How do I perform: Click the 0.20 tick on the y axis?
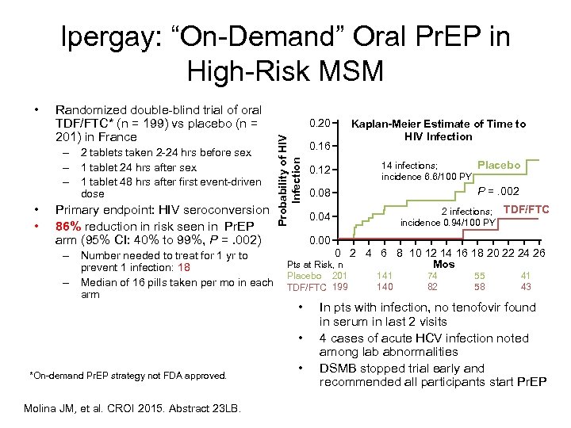click(x=320, y=124)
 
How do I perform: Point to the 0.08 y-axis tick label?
click(x=320, y=193)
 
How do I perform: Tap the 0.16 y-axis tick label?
click(x=320, y=147)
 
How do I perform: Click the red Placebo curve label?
click(x=499, y=165)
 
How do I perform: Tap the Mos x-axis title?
click(x=443, y=264)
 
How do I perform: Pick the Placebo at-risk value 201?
click(x=339, y=275)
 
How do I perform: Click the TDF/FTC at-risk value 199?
click(x=339, y=286)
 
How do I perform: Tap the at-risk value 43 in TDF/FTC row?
click(x=526, y=286)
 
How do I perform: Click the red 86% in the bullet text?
click(x=68, y=225)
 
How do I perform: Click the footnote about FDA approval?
click(x=128, y=375)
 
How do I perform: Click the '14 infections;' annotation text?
click(x=409, y=165)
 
